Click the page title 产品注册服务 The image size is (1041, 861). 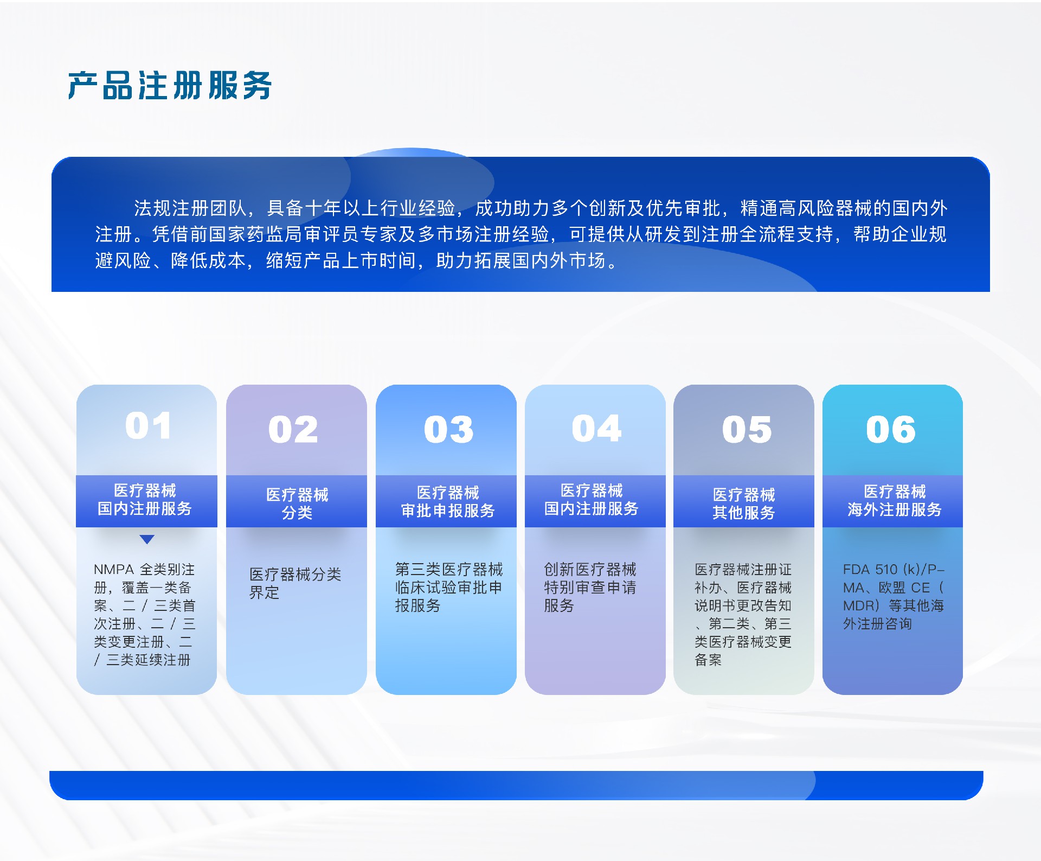click(x=169, y=86)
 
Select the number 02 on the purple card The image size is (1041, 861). click(x=293, y=429)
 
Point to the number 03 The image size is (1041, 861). click(x=448, y=429)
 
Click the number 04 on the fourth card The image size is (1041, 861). click(x=596, y=429)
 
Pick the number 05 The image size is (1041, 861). click(x=747, y=429)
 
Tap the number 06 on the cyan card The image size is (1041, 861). click(x=891, y=429)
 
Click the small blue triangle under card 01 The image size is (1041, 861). click(x=147, y=539)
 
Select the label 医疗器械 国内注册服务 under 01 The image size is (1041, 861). click(x=145, y=500)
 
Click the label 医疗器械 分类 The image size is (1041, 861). click(x=297, y=503)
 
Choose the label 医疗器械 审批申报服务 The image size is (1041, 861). click(x=448, y=502)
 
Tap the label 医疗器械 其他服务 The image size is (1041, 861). click(x=743, y=503)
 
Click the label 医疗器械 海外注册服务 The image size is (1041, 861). click(x=894, y=501)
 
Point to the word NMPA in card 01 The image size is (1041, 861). click(x=113, y=570)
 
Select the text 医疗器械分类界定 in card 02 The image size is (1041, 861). click(x=295, y=583)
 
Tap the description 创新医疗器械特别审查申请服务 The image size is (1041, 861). click(x=590, y=588)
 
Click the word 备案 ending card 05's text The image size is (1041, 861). click(x=708, y=660)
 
